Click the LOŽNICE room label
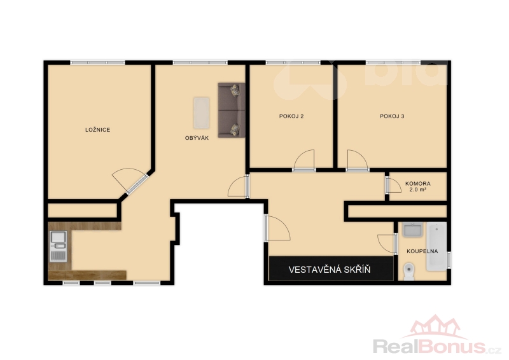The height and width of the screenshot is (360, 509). coord(98,130)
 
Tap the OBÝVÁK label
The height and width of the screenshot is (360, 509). coord(197,138)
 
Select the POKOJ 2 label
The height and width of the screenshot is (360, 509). coord(291,116)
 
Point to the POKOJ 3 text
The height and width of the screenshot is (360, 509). coord(392,116)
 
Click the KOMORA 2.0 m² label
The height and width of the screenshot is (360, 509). coord(418,186)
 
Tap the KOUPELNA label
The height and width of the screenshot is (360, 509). coord(422,251)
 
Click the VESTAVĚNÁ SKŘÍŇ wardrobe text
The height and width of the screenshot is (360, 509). coord(330,270)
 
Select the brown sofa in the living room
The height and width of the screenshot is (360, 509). coord(232,110)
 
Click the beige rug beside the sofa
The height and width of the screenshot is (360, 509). coord(202,113)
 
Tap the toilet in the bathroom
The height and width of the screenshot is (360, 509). coord(408,272)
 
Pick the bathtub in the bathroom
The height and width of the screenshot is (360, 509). coord(436,246)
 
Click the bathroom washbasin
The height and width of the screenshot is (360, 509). coord(412,230)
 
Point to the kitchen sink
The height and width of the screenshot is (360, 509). coord(58,246)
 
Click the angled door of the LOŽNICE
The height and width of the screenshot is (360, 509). coord(129,179)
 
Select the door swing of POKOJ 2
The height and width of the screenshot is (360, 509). coord(304,160)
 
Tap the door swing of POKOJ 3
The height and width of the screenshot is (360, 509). coord(357,160)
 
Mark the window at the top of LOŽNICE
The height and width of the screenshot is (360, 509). coord(98,62)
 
